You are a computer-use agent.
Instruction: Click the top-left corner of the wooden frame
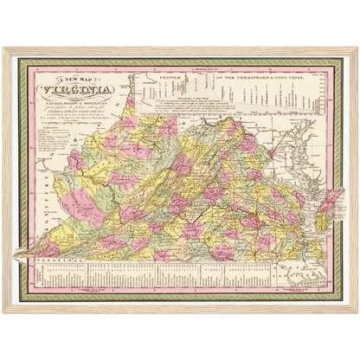click(3, 48)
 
